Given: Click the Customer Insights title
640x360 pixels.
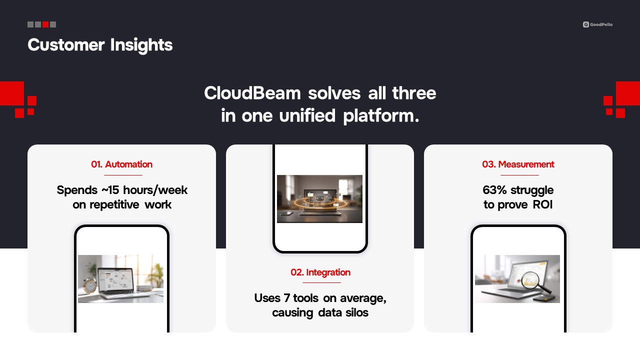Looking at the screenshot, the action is [100, 45].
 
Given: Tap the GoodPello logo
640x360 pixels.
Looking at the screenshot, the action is [597, 24].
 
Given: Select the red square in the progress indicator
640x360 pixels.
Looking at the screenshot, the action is [45, 24].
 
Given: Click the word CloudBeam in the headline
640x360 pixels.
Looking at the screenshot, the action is [252, 93].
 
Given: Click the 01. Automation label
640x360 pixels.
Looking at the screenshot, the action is [121, 164].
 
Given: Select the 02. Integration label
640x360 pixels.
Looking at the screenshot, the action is [320, 272].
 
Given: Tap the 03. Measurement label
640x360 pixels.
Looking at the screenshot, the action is [518, 164].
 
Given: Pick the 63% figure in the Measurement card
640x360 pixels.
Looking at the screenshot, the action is [494, 190].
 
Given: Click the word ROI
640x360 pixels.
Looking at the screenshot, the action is [542, 204].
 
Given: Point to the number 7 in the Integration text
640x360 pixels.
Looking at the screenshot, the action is [287, 298].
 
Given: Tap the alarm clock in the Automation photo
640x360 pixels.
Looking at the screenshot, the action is [89, 285].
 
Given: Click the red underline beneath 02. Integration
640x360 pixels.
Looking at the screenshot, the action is [321, 282].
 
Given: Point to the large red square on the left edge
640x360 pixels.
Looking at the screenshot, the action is [12, 93].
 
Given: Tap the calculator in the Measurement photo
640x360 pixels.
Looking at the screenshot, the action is [541, 298].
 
